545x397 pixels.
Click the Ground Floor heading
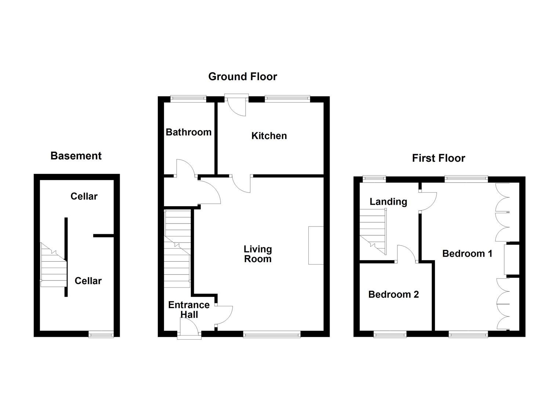243,76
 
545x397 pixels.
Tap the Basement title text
76,156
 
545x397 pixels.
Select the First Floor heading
438,158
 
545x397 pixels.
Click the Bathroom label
189,132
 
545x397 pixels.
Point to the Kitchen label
269,136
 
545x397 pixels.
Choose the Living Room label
258,254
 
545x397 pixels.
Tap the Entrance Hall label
189,310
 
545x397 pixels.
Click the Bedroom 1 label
467,253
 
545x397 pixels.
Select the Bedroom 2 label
393,294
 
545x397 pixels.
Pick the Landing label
388,201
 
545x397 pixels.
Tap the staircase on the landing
373,231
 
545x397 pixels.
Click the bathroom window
188,98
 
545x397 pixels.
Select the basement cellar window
101,334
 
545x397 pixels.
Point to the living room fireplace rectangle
316,245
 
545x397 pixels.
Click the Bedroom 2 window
390,334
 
